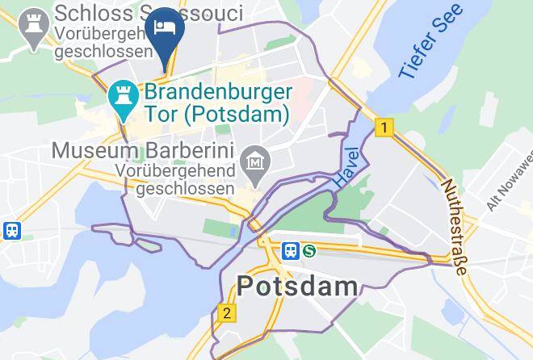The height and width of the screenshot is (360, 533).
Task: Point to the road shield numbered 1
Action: point(385,128)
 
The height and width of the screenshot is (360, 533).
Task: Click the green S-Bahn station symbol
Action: point(308,251)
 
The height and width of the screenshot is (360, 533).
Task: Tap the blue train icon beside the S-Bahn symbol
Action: point(290,251)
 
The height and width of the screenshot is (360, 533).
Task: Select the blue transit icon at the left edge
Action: point(11,231)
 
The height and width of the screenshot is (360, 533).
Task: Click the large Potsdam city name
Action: point(298,287)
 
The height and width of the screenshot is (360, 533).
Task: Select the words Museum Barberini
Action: point(142,151)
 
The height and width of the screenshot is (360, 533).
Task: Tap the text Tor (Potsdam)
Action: point(216,114)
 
